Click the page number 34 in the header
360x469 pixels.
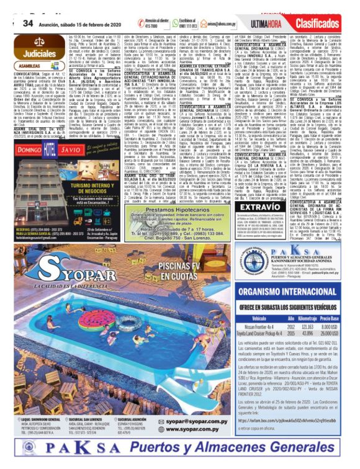27,22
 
